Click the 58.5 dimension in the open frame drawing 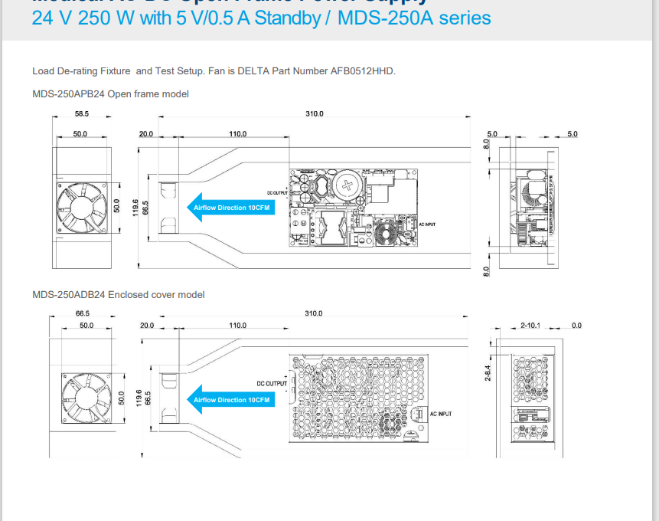(x=82, y=114)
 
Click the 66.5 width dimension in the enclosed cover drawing (x=83, y=313)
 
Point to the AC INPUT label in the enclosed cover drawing (x=440, y=414)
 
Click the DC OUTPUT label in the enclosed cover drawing (x=271, y=383)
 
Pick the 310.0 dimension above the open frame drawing (x=315, y=114)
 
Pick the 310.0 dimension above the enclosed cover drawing (x=314, y=313)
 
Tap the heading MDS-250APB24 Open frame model (x=110, y=94)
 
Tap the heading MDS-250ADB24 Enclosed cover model (x=119, y=294)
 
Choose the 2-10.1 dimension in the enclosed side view (x=530, y=326)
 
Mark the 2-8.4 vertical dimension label (x=487, y=374)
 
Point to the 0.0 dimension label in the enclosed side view (x=576, y=326)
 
